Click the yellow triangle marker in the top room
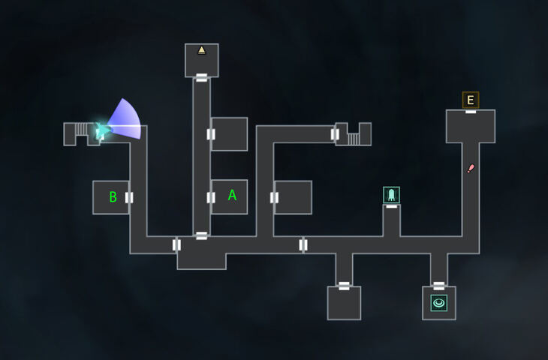tap(201, 50)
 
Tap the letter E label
tap(471, 100)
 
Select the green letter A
tap(232, 195)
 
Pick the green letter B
tap(113, 197)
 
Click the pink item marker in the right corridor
tap(471, 168)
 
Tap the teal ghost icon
tap(391, 195)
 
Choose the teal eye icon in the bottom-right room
tap(439, 303)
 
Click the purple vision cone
tap(125, 120)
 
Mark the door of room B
tap(129, 197)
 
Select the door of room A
tap(211, 197)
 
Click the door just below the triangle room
tap(202, 76)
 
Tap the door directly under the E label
tap(471, 111)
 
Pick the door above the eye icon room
tap(439, 286)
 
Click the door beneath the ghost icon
tap(391, 205)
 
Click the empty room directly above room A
tap(229, 134)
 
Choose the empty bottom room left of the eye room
tap(344, 304)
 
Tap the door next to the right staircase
tap(335, 134)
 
